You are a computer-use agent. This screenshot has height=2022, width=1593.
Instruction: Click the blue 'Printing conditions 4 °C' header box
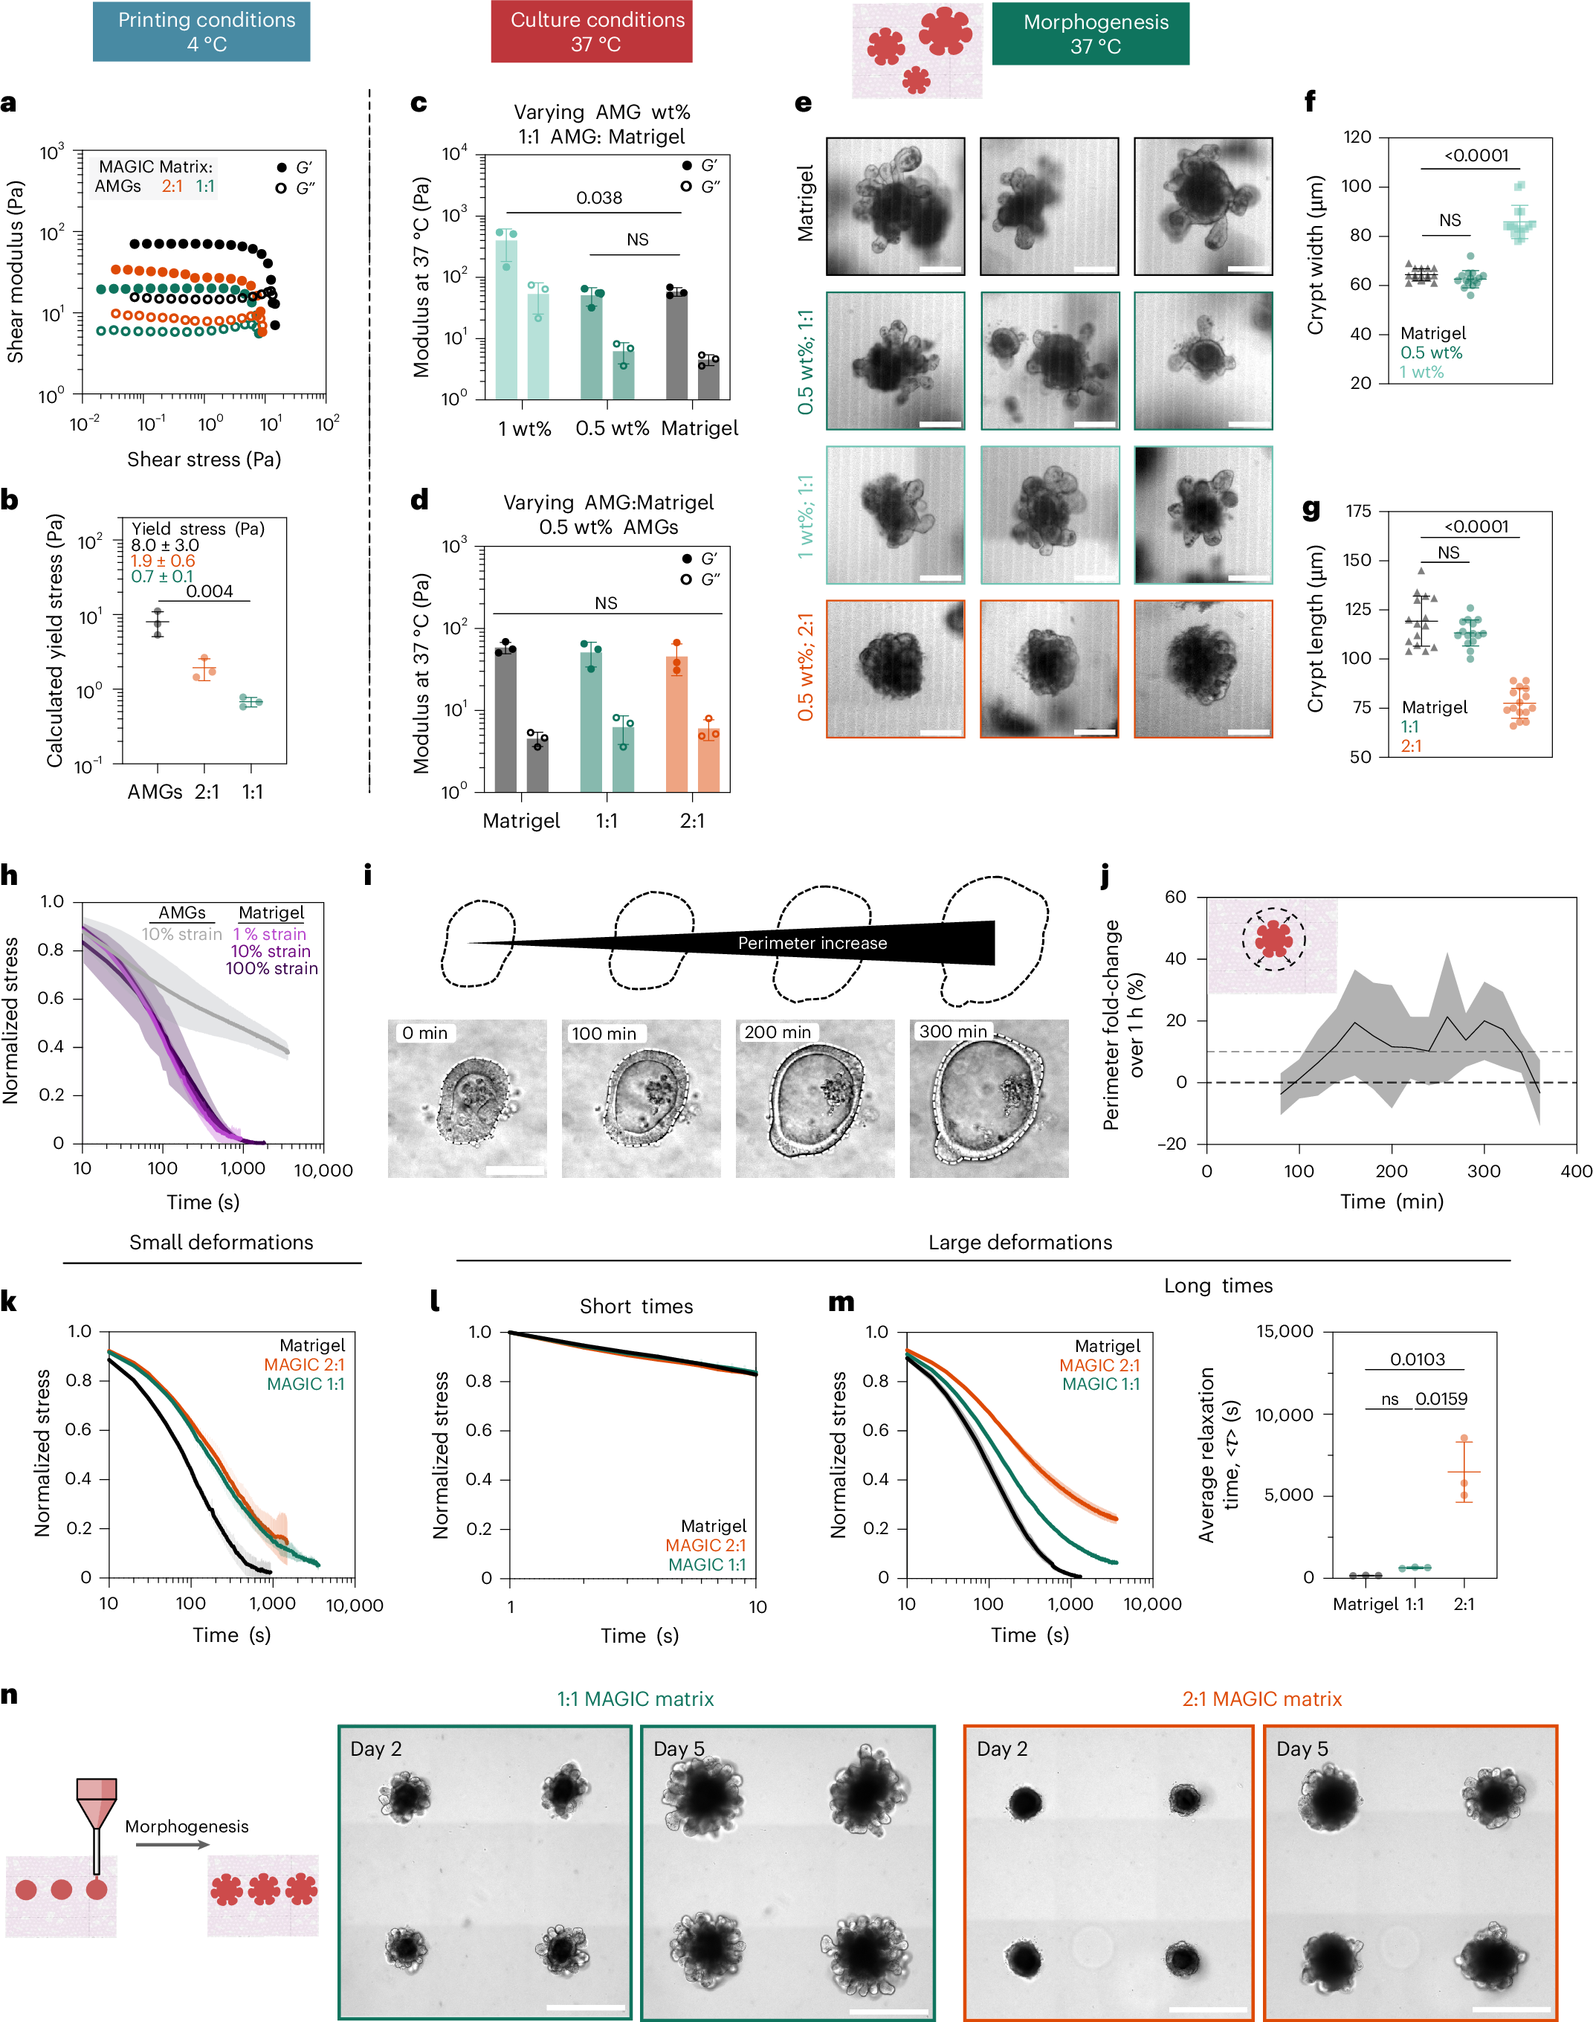click(x=201, y=32)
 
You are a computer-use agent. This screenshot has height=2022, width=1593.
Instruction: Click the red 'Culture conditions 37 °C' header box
click(x=591, y=32)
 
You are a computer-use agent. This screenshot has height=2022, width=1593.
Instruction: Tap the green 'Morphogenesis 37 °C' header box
click(x=1090, y=33)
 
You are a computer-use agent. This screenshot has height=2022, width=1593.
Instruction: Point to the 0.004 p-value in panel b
click(x=209, y=590)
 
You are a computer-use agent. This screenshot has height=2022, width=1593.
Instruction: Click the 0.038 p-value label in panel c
click(x=599, y=198)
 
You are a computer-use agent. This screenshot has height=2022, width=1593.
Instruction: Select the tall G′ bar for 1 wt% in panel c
click(x=505, y=318)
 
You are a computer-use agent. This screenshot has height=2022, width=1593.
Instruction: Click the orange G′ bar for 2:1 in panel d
click(x=677, y=723)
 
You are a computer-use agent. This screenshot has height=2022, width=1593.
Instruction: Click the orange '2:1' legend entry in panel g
click(x=1410, y=746)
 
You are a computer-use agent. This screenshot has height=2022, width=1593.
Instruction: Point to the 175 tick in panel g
click(x=1358, y=512)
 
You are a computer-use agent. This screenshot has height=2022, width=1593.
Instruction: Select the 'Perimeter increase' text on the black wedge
click(x=812, y=944)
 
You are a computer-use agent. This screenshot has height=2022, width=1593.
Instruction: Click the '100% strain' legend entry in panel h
click(x=271, y=968)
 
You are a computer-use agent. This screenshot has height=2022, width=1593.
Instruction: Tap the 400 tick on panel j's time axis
click(x=1575, y=1171)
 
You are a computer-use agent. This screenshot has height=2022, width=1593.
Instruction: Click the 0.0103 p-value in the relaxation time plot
click(x=1417, y=1359)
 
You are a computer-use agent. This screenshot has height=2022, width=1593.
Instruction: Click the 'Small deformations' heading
click(x=221, y=1242)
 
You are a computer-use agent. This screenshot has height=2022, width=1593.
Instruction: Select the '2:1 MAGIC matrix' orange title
click(x=1261, y=1699)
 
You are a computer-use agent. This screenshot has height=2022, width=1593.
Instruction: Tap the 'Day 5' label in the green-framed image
click(x=678, y=1748)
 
